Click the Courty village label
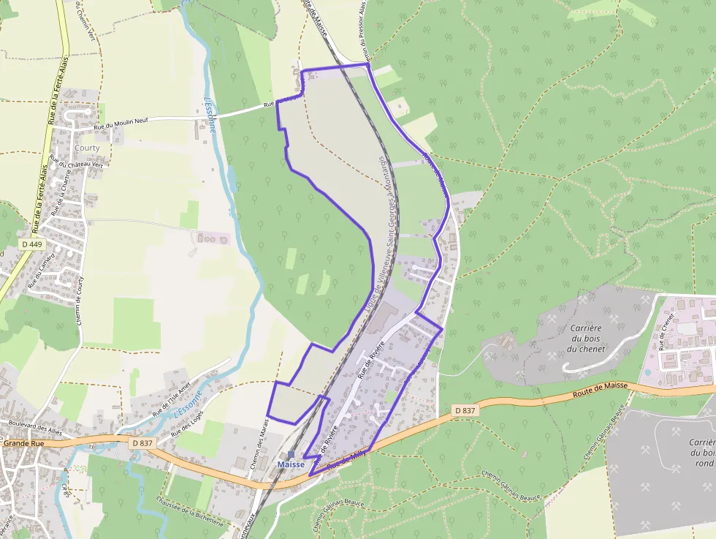pos(87,148)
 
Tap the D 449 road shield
pos(32,244)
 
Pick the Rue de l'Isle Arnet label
pos(171,397)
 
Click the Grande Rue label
pos(24,443)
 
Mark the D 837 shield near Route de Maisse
pos(465,411)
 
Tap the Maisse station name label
pos(291,464)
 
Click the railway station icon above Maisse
pos(291,454)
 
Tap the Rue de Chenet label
pos(665,330)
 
